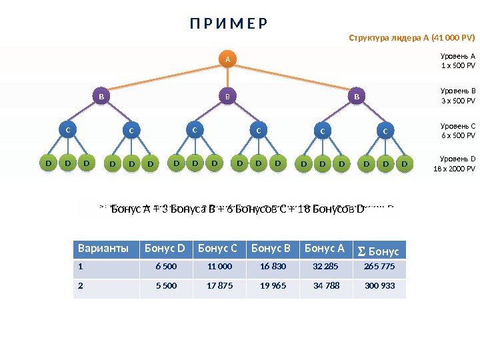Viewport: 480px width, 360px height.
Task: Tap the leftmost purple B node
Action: pos(101,97)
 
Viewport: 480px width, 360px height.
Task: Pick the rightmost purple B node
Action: pos(356,97)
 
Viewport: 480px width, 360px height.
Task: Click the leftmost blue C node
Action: pos(67,130)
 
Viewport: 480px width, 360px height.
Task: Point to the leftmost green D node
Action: pos(47,162)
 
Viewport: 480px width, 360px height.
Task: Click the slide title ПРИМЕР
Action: pos(228,25)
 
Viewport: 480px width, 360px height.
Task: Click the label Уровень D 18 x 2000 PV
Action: pos(458,163)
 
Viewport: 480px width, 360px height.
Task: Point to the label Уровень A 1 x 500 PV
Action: pos(458,61)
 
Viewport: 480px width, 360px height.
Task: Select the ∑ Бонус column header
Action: pos(379,251)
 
